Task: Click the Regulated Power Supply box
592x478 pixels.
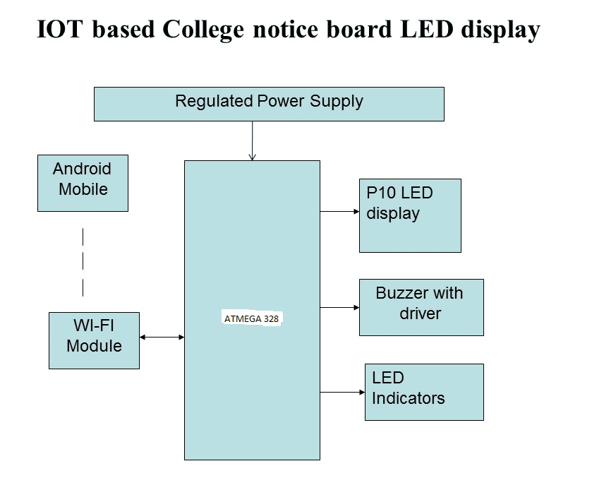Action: [x=269, y=104]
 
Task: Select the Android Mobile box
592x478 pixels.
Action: [x=83, y=183]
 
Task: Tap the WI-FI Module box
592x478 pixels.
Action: [x=94, y=340]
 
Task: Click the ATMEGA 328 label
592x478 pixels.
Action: [x=252, y=318]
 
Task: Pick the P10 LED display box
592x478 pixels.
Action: [x=410, y=215]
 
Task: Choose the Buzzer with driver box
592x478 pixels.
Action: [x=421, y=307]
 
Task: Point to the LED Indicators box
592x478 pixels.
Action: [x=424, y=392]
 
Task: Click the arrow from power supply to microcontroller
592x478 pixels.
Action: [x=252, y=141]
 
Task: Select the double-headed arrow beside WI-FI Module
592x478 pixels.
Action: [x=162, y=337]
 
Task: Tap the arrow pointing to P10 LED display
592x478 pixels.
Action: [x=339, y=211]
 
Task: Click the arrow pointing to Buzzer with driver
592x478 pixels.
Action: [x=339, y=307]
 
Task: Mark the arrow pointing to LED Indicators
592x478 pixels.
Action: [x=342, y=392]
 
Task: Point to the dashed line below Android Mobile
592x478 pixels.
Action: [x=83, y=262]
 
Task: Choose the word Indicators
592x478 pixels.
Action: [x=409, y=398]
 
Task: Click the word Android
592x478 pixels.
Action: [x=82, y=169]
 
